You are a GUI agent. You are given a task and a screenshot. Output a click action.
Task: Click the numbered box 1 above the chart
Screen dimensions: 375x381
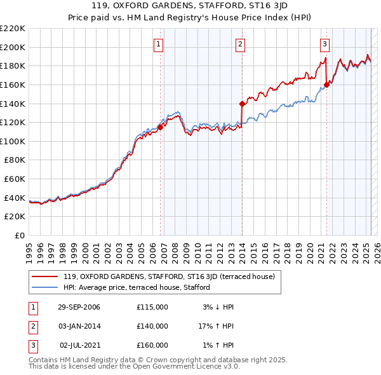[157, 44]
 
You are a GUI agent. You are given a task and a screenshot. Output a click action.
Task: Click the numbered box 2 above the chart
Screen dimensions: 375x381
[241, 44]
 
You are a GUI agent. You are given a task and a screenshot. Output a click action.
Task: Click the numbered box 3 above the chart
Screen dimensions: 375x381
[324, 44]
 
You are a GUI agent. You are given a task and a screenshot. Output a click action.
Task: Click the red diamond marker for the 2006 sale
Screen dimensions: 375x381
[160, 126]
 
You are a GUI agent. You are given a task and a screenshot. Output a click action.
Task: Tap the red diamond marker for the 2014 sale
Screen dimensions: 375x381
[242, 104]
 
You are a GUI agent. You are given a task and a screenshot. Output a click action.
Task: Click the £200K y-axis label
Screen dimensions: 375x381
[13, 47]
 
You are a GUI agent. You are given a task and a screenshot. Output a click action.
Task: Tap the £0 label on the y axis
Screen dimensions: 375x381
[20, 235]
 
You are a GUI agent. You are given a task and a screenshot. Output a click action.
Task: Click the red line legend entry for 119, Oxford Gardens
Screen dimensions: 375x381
[169, 276]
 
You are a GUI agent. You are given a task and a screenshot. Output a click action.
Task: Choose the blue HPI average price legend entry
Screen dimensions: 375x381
[137, 287]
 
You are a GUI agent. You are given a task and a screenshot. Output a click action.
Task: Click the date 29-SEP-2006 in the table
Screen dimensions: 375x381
[79, 307]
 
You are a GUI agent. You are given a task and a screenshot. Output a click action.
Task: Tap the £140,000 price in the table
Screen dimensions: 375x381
[152, 326]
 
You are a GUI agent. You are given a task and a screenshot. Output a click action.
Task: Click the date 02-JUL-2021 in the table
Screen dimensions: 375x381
[79, 345]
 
